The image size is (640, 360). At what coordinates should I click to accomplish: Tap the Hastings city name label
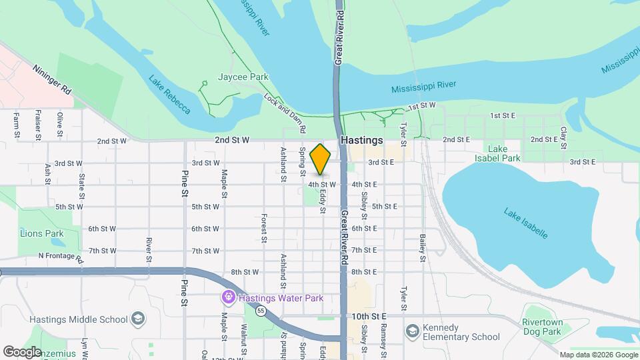coord(361,141)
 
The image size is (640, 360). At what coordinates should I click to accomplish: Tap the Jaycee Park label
coord(243,77)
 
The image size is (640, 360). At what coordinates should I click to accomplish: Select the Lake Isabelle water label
coord(526,223)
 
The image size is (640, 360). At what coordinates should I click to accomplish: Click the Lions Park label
coord(41,233)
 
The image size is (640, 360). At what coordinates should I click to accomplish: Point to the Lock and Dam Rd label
coord(285,111)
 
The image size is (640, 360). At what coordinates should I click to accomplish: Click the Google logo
coord(22,351)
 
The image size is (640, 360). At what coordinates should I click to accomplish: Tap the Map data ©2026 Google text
coord(597,355)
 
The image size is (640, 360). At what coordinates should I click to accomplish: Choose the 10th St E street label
coord(370,316)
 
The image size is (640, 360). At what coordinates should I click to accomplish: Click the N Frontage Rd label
coord(60,257)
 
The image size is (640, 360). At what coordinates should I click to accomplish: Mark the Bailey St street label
coord(423,247)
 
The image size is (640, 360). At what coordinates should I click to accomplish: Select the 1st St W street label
coord(421,106)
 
